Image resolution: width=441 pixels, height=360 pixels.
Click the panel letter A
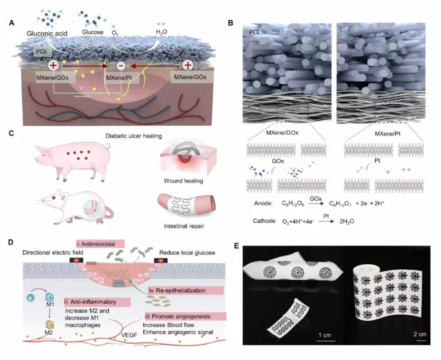pyautogui.click(x=11, y=23)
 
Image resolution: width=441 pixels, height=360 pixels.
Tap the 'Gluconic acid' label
pyautogui.click(x=47, y=34)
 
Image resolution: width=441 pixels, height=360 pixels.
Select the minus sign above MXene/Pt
pyautogui.click(x=121, y=66)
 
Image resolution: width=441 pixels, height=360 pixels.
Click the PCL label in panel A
pyautogui.click(x=41, y=51)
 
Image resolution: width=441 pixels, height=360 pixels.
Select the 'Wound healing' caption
pyautogui.click(x=183, y=181)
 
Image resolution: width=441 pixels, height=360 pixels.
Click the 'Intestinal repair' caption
pyautogui.click(x=184, y=226)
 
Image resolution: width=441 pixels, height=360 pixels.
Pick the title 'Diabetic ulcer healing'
pyautogui.click(x=134, y=136)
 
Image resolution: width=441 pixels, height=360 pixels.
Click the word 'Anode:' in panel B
pyautogui.click(x=263, y=203)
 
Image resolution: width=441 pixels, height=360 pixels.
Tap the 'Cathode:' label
pyautogui.click(x=265, y=221)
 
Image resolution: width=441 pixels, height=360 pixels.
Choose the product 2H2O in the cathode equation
pyautogui.click(x=347, y=221)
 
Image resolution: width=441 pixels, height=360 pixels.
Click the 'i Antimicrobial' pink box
pyautogui.click(x=100, y=244)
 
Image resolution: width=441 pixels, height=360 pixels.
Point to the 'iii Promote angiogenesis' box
pyautogui.click(x=185, y=316)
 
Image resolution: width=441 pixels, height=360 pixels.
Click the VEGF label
pyautogui.click(x=129, y=335)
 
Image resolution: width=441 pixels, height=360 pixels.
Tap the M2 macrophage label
pyautogui.click(x=50, y=333)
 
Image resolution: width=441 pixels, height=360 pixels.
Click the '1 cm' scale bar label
pyautogui.click(x=325, y=335)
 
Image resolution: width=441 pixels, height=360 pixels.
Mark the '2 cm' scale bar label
pyautogui.click(x=420, y=334)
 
